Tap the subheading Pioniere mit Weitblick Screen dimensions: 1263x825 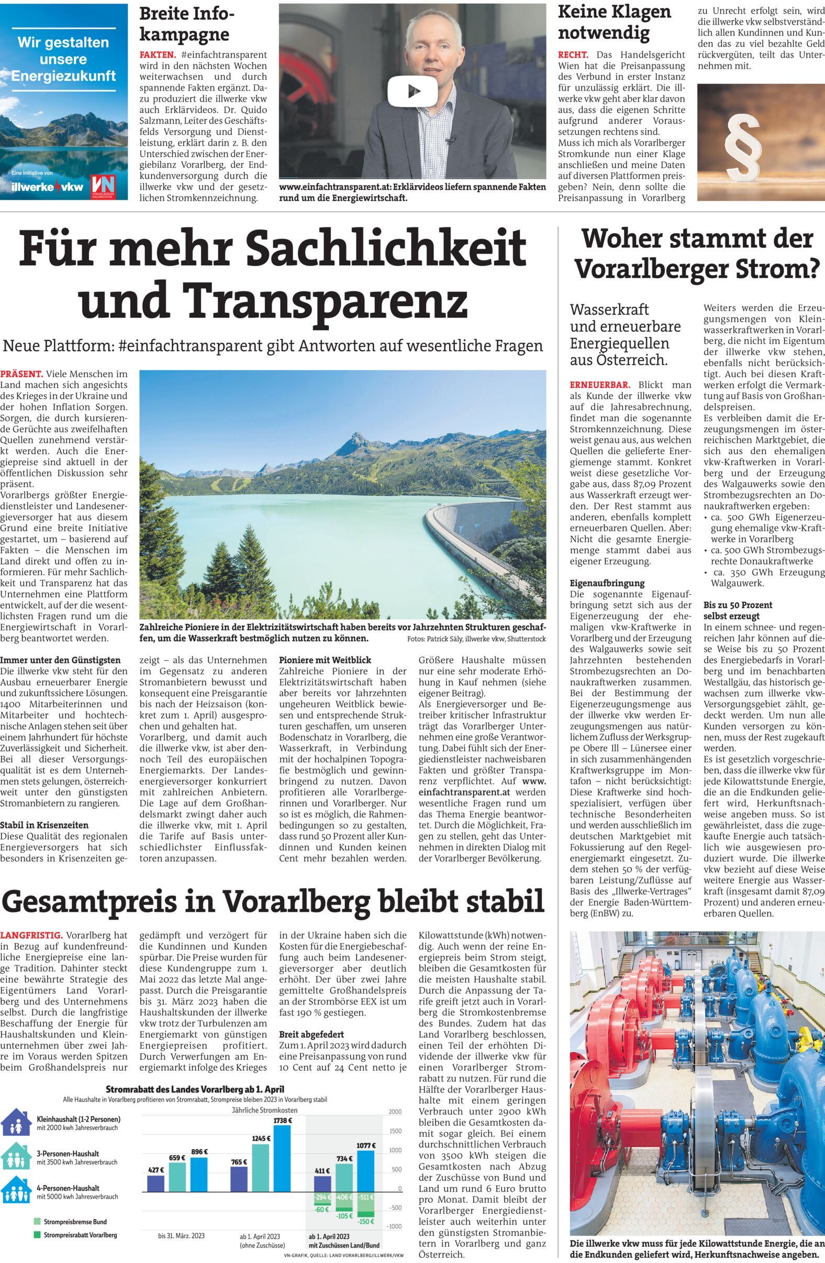(x=325, y=660)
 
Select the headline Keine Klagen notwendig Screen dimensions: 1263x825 (x=614, y=23)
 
